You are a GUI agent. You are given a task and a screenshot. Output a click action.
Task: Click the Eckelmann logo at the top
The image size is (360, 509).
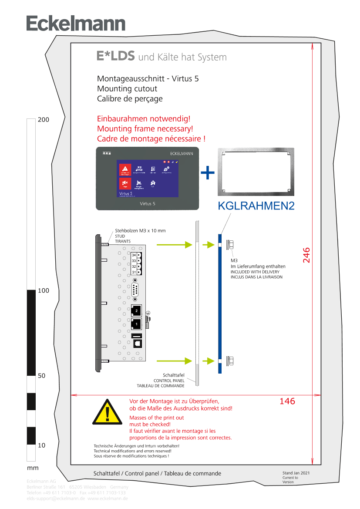click(76, 24)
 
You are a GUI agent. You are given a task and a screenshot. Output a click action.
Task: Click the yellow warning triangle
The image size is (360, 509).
click(107, 412)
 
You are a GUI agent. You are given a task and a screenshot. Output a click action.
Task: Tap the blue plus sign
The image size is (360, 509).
click(208, 173)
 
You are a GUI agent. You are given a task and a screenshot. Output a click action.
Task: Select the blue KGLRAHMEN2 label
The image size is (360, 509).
click(256, 206)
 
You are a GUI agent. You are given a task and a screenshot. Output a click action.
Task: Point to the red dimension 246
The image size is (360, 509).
click(306, 255)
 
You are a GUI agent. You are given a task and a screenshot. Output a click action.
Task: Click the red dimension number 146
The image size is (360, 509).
click(287, 401)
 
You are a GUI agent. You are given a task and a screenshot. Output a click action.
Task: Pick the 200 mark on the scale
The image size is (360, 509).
click(44, 120)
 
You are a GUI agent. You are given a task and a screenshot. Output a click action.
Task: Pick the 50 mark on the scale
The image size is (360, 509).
click(42, 376)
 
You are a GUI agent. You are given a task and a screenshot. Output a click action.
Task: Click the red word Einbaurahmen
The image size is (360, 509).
click(123, 118)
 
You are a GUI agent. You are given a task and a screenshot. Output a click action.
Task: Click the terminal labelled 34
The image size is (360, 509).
click(134, 255)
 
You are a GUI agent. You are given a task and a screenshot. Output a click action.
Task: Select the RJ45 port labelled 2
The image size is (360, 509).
click(136, 310)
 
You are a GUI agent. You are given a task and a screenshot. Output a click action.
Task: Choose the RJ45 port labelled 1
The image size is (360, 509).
click(136, 324)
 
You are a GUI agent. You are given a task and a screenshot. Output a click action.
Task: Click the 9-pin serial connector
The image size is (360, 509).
click(135, 290)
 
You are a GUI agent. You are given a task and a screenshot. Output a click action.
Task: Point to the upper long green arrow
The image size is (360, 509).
click(174, 245)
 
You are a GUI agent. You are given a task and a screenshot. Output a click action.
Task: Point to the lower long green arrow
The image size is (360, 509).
click(174, 361)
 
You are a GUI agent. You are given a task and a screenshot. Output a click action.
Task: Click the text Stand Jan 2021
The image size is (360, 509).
click(296, 473)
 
